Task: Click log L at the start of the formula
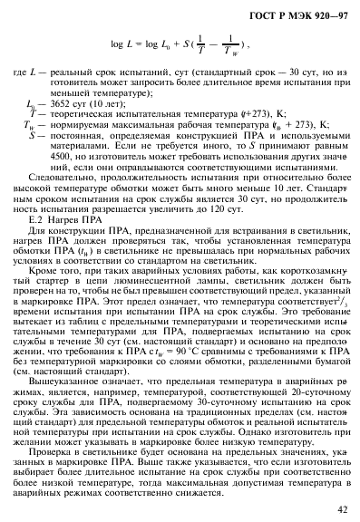click(x=123, y=44)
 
